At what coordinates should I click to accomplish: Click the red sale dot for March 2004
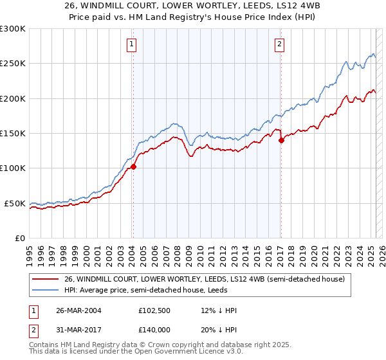(x=133, y=166)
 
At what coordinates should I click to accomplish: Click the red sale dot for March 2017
(x=281, y=141)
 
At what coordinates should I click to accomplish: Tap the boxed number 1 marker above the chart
(x=131, y=44)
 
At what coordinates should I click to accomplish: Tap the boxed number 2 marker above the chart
(x=280, y=44)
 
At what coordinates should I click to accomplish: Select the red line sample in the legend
(x=46, y=279)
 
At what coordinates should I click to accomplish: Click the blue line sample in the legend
(x=46, y=290)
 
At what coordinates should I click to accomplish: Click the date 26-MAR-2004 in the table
(x=78, y=310)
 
